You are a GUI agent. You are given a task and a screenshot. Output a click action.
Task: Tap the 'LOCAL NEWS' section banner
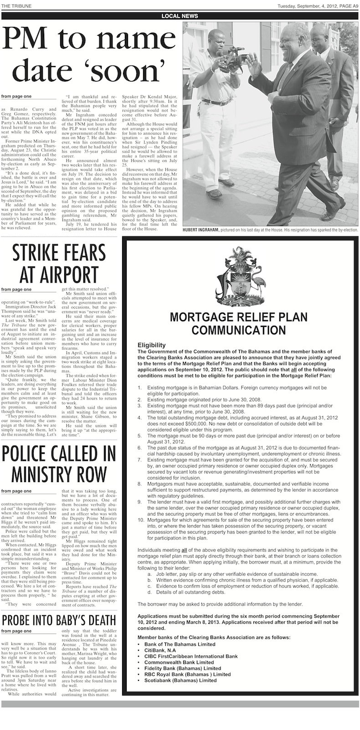[x=180, y=16]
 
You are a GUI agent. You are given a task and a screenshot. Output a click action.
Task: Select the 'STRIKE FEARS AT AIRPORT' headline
[x=60, y=264]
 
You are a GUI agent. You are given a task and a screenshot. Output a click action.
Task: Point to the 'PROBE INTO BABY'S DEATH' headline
[x=60, y=620]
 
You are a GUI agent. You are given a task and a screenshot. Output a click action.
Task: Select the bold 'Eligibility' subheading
[x=151, y=345]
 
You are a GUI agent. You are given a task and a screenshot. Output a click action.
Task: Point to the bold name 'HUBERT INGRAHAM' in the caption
[x=201, y=231]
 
